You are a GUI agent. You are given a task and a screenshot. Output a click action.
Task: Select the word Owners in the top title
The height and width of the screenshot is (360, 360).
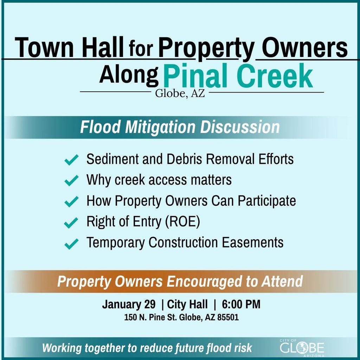(304, 48)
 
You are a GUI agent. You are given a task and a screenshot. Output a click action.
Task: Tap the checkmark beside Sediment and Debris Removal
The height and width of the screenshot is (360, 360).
(72, 160)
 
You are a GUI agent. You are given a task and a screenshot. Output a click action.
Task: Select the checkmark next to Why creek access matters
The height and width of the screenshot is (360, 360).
(72, 181)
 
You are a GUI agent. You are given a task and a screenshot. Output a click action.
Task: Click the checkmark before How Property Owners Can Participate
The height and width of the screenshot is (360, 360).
(72, 202)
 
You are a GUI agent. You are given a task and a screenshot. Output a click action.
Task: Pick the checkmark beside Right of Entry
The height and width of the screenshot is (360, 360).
(72, 223)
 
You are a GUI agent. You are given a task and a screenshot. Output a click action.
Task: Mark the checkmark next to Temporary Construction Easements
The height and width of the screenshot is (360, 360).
(72, 243)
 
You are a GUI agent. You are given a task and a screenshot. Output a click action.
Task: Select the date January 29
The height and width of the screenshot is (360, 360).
(129, 304)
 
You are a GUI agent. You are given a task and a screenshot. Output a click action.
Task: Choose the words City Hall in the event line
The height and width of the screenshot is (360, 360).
(187, 304)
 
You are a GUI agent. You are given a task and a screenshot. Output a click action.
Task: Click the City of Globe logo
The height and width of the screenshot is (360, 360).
(302, 348)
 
